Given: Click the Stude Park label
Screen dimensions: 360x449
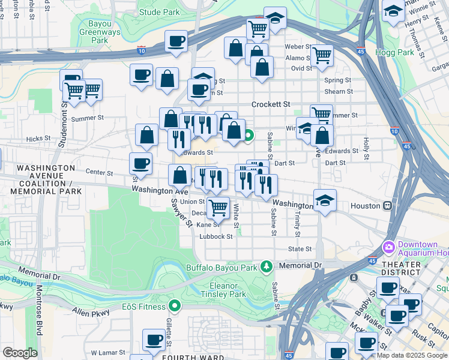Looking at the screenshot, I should [159, 11].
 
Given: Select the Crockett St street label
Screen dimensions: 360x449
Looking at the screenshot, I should [271, 104].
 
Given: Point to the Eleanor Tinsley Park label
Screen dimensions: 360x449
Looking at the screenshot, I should [228, 290].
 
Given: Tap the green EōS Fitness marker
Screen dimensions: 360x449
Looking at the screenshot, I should [175, 306].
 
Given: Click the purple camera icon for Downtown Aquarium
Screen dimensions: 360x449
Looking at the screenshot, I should [389, 247].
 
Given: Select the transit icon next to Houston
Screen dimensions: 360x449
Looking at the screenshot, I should [388, 205].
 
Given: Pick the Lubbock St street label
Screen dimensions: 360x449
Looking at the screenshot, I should [216, 236].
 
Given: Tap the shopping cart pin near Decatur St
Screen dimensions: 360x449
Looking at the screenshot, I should [218, 208].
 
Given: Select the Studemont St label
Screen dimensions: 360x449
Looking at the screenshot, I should [63, 127].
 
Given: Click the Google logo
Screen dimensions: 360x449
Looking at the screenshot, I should [20, 353].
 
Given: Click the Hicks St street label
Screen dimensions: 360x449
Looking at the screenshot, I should [38, 139].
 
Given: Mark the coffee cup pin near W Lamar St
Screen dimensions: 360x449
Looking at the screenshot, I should [154, 340].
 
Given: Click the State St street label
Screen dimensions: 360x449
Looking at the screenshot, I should [300, 248].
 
